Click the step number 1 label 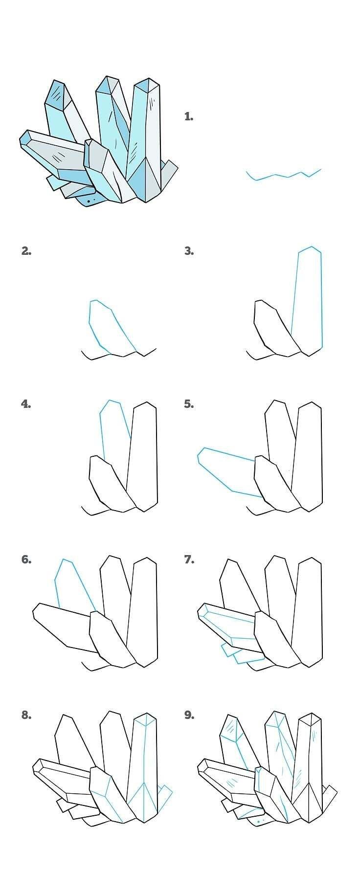point(189,116)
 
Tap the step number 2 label point(26,251)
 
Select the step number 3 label point(189,251)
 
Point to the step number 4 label point(26,404)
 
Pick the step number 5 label point(189,404)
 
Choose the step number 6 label point(26,559)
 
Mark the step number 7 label point(189,559)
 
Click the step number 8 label point(26,715)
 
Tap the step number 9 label point(189,715)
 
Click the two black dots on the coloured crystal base point(91,201)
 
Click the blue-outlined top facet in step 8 point(145,719)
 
